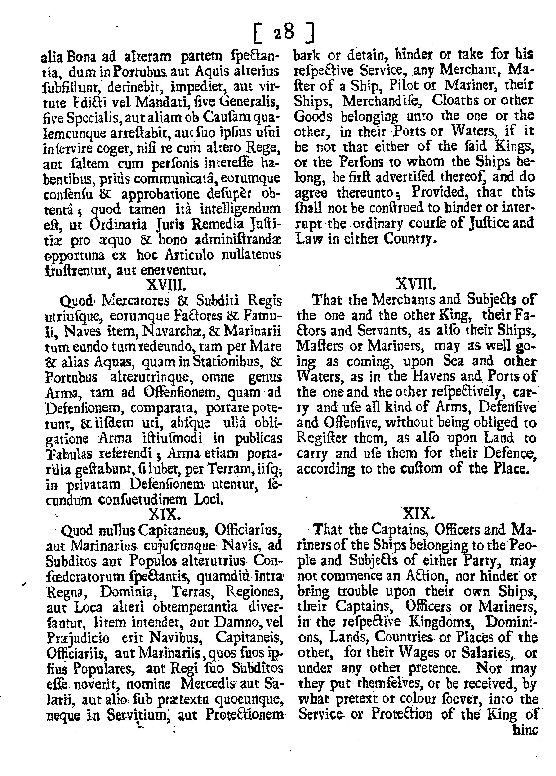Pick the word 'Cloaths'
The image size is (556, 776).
point(458,100)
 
